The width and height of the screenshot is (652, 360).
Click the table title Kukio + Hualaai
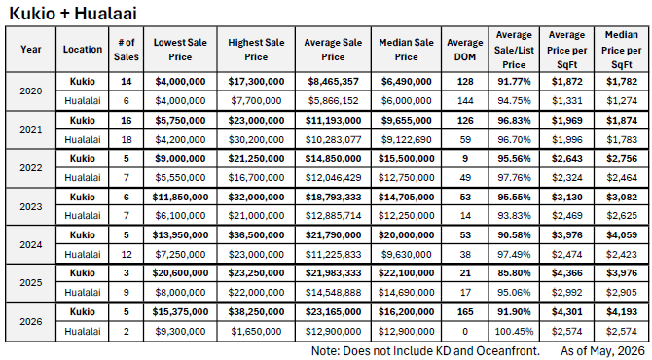coord(73,14)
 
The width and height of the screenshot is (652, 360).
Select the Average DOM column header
coord(465,50)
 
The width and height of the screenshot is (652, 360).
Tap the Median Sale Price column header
coord(406,50)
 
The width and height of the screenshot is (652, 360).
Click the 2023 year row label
coord(31,206)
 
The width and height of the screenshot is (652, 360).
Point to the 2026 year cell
coord(31,321)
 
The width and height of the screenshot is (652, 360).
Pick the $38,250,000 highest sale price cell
coord(256,311)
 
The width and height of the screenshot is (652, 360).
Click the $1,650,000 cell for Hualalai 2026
coord(256,332)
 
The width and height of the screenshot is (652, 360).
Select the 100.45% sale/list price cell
coord(514,332)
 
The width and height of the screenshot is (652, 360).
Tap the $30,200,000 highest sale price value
coord(256,139)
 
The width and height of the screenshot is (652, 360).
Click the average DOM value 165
coord(465,311)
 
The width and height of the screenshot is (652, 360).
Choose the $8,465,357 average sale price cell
coord(333,81)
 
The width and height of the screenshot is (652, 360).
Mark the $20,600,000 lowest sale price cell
coord(180,273)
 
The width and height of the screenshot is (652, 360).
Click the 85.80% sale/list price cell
coord(514,273)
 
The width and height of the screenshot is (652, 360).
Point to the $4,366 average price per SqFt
coord(566,273)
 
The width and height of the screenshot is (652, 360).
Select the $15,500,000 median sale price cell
coord(406,159)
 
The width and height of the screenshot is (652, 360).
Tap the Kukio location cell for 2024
coord(83,234)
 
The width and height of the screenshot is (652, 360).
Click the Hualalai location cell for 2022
coord(83,177)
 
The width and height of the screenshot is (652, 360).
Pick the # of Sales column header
coord(126,50)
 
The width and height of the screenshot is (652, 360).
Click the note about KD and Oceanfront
coord(425,351)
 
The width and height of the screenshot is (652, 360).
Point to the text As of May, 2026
coord(603,351)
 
